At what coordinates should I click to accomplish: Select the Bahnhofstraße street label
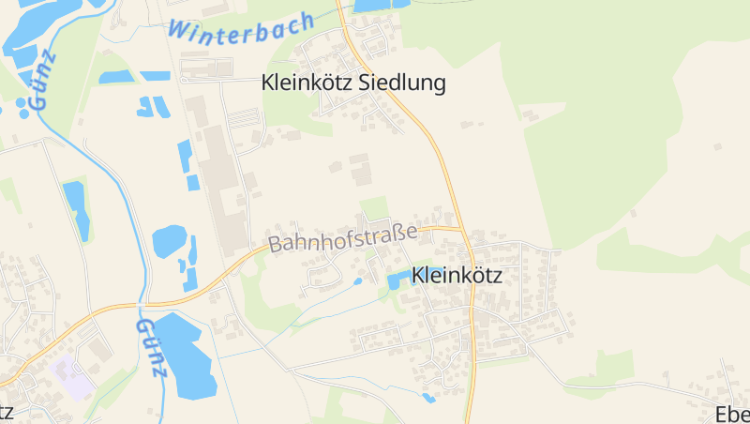pos(343,235)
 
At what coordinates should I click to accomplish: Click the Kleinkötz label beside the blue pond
pos(457,276)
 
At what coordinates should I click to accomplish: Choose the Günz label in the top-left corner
pos(43,81)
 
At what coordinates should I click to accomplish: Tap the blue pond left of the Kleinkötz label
pos(397,278)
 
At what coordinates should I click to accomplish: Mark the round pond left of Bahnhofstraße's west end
pos(169,240)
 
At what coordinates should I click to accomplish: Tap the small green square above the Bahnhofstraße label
pos(374,208)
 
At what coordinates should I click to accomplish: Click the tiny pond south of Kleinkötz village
pos(428,398)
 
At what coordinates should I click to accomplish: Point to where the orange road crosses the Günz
pos(142,305)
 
